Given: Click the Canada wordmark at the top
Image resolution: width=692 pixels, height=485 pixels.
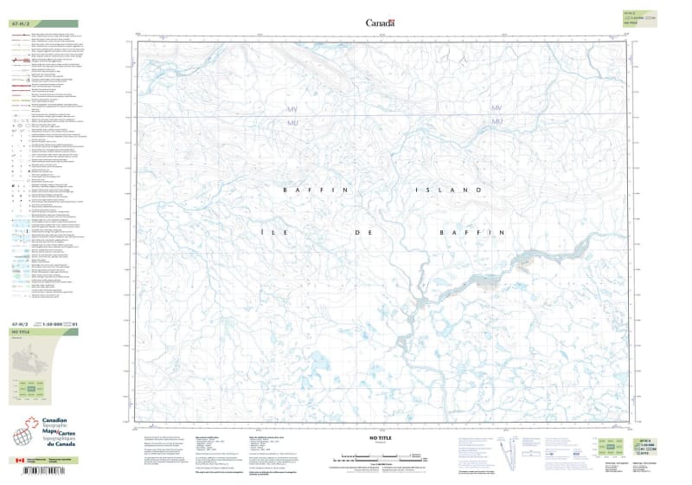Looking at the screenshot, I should click(x=380, y=23).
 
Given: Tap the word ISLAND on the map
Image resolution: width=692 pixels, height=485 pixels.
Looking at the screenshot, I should click(x=447, y=189).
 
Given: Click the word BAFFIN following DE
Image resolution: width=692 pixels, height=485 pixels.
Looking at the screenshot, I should click(x=471, y=232).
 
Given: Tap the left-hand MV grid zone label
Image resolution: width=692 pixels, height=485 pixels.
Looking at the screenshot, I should click(x=292, y=108).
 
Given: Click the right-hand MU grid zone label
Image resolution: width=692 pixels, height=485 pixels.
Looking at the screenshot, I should click(x=497, y=121).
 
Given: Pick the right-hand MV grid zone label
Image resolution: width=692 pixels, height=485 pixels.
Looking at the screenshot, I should click(x=497, y=108).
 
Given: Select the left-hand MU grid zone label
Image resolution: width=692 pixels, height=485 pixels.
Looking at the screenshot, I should click(x=292, y=122).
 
